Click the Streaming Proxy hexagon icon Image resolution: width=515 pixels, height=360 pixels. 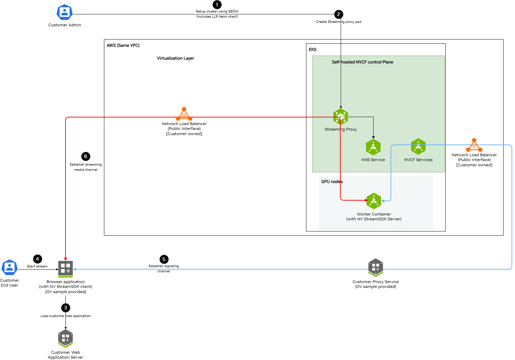(x=340, y=117)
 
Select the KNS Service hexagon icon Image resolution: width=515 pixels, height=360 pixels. (x=373, y=147)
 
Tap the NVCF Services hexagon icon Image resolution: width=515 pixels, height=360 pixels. (x=418, y=147)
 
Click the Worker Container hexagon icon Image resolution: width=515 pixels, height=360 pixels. (x=374, y=201)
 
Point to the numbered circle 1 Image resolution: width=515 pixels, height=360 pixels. (x=217, y=5)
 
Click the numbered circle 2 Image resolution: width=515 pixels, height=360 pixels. (x=339, y=14)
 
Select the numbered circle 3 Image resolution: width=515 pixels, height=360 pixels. (x=66, y=308)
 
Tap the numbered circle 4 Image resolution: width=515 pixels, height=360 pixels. (x=37, y=259)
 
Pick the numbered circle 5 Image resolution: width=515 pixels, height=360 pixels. (x=164, y=259)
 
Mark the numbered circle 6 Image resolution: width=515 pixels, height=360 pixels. (x=86, y=156)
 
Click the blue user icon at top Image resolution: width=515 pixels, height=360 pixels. (x=64, y=12)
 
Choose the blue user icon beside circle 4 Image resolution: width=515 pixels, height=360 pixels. (x=9, y=267)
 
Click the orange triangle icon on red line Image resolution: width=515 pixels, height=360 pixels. (x=184, y=115)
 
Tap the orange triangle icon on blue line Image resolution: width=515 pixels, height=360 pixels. (x=474, y=146)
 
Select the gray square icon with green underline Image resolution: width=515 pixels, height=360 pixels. (x=66, y=269)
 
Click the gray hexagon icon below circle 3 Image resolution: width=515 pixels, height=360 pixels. (x=66, y=338)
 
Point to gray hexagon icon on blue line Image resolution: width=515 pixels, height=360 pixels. (x=376, y=267)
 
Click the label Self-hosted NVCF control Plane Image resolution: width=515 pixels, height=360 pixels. (x=363, y=62)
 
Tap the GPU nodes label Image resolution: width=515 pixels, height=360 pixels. (x=332, y=182)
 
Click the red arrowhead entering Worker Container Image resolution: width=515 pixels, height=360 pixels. (x=366, y=200)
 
